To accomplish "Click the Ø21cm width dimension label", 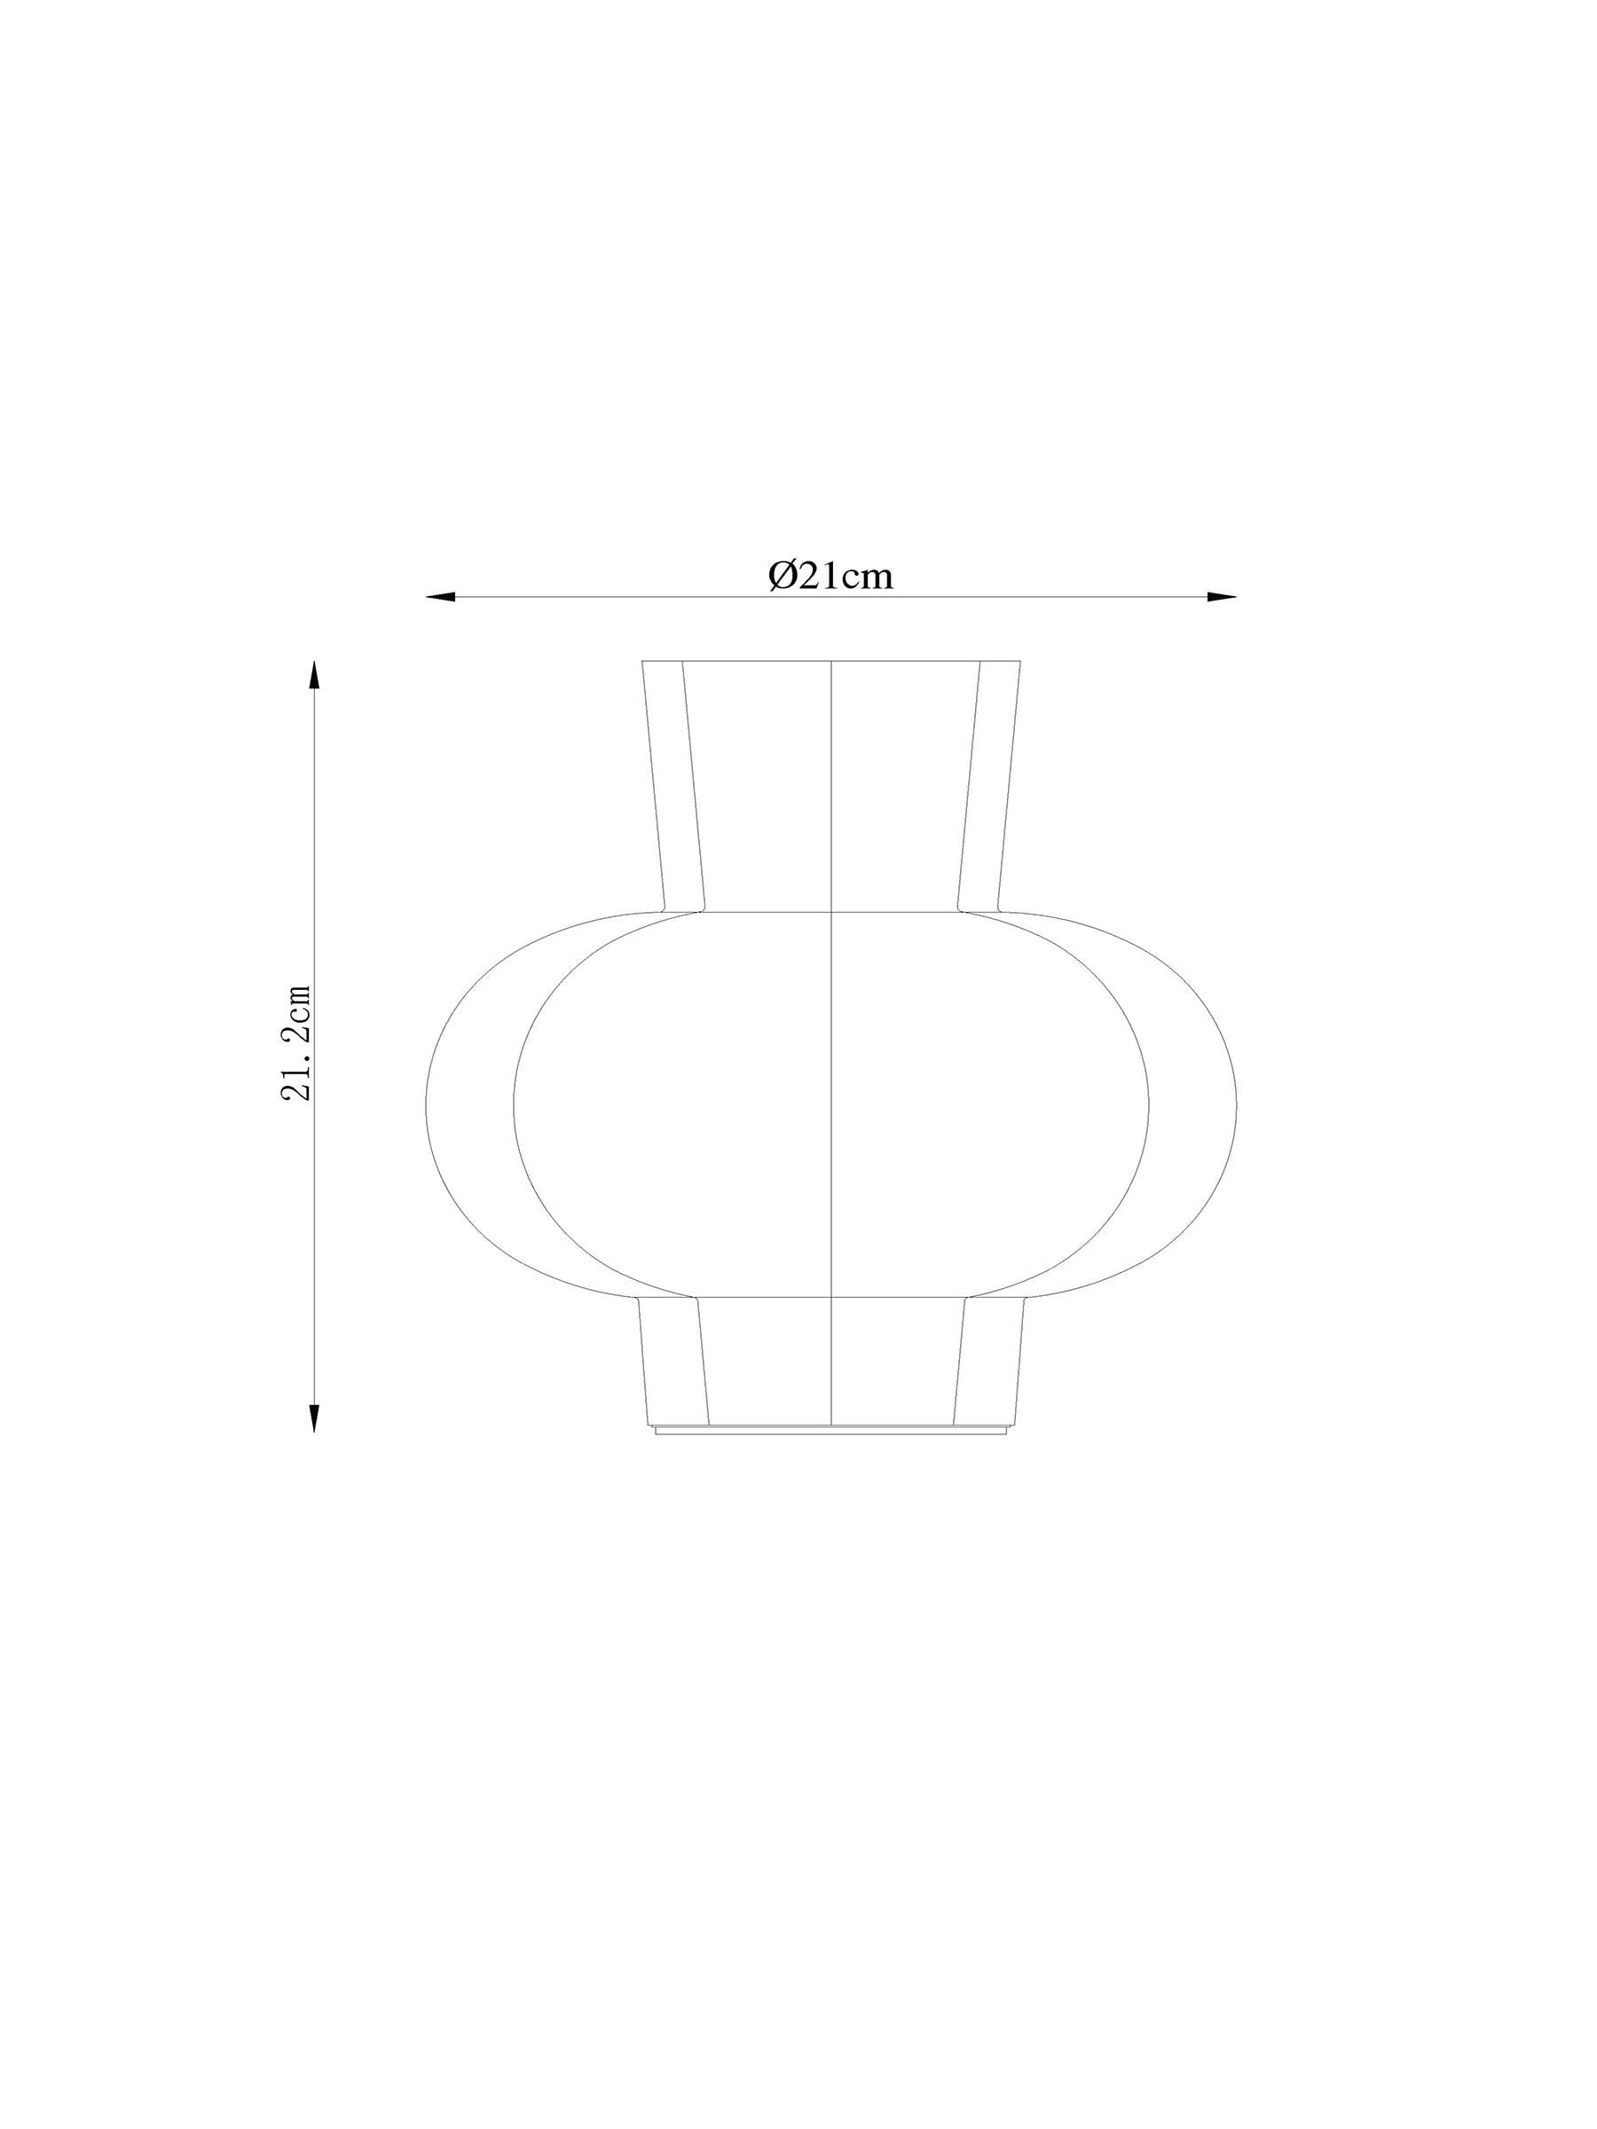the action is (x=830, y=576).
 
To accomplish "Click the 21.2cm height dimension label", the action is (x=296, y=1042).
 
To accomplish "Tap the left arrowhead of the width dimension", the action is (x=439, y=598).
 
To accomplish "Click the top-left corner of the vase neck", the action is (x=642, y=661).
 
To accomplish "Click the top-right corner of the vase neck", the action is (x=1020, y=661).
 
